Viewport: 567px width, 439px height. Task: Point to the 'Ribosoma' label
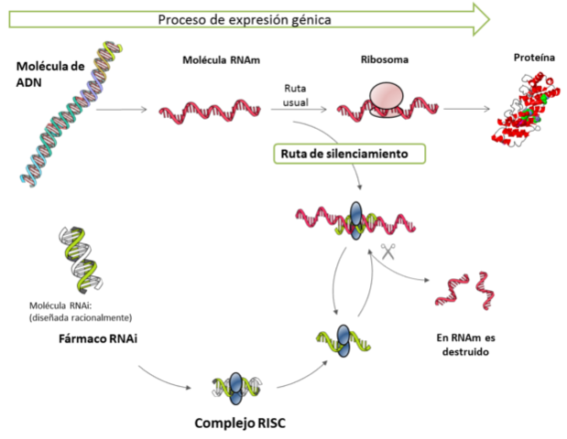(385, 60)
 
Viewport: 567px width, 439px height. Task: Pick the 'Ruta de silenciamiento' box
(352, 154)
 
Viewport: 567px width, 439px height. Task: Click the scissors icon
(387, 252)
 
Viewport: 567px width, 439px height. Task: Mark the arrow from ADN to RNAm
(121, 112)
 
